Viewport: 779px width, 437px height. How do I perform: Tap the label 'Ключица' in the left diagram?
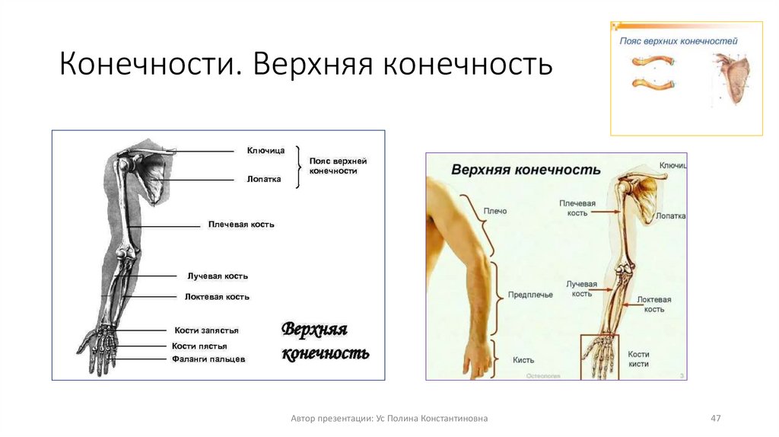coord(265,151)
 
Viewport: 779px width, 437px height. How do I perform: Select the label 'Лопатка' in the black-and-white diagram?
coord(264,180)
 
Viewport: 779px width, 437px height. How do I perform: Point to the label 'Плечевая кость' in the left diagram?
coord(241,225)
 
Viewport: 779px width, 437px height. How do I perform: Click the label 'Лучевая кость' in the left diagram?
coord(218,276)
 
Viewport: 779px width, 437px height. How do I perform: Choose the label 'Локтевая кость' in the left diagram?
coord(217,297)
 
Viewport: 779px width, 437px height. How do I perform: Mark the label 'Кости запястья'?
coord(206,330)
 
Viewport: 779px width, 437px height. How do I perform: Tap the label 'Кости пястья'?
coord(199,346)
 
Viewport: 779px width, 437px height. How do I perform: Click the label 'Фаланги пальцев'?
coord(208,359)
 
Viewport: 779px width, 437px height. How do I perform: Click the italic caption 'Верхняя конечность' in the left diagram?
coord(325,341)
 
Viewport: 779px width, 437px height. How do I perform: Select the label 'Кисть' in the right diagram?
coord(523,360)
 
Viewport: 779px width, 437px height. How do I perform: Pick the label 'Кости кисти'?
coord(638,359)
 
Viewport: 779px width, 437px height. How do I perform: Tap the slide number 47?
coord(715,418)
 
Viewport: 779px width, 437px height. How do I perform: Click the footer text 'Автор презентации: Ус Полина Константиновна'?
coord(389,418)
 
